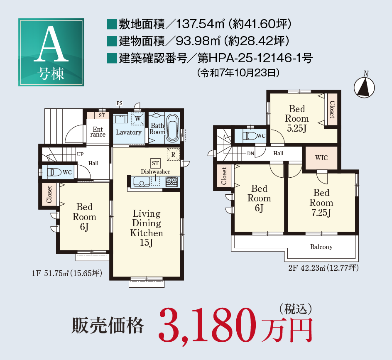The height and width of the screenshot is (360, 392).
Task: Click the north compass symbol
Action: point(365,87)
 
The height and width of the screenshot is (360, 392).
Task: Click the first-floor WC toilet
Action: point(54,172)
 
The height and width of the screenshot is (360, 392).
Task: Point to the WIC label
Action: point(321,158)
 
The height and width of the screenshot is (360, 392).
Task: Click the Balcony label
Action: point(321,247)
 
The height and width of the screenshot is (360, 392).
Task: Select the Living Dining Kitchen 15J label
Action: point(147,228)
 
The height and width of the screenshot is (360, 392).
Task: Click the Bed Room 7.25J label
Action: point(321,203)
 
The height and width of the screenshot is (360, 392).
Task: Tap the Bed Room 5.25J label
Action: point(297,118)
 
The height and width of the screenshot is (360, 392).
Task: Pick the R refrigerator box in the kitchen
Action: point(173,154)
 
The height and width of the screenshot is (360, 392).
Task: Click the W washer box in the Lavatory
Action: point(138,119)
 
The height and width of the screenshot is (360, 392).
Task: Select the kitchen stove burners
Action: point(172,181)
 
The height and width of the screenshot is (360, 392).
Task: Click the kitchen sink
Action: point(142,181)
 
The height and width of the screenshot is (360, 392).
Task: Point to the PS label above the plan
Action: point(120,103)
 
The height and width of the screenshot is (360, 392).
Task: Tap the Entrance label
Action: point(98,132)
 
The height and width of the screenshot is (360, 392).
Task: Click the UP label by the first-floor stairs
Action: point(80,154)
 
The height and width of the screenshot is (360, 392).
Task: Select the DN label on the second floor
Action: point(250,153)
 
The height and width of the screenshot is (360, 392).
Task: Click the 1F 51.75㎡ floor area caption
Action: point(67,273)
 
